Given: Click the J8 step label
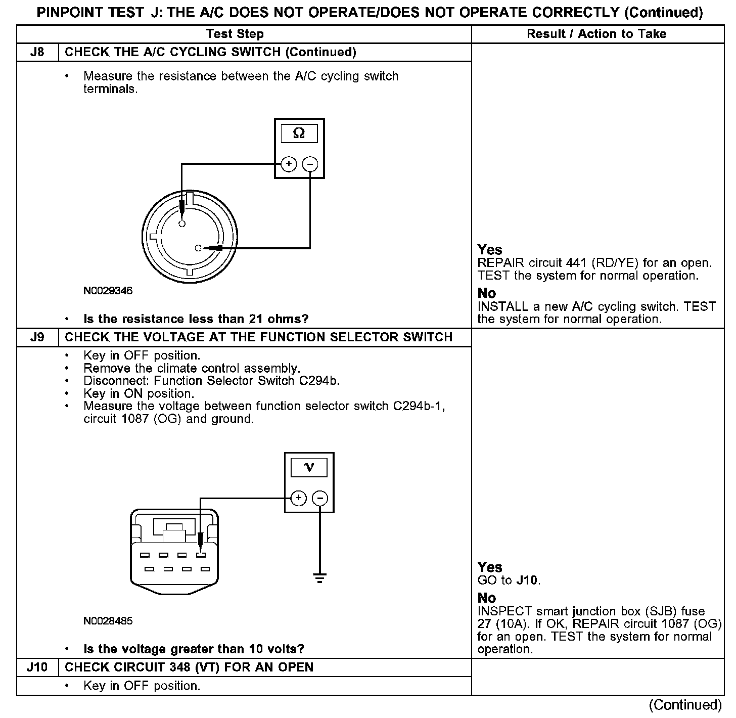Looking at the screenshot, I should click(x=37, y=52).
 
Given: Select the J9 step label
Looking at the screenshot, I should click(x=37, y=337).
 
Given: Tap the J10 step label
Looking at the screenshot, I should click(x=37, y=667).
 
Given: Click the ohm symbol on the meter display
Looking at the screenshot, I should click(x=299, y=133).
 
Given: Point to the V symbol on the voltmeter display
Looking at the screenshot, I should click(x=309, y=468).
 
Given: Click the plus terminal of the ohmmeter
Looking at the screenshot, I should click(x=289, y=164).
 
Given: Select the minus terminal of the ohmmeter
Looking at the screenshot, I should click(x=310, y=164).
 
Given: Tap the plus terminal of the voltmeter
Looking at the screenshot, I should click(x=299, y=498).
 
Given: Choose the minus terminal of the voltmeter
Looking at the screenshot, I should click(x=320, y=498).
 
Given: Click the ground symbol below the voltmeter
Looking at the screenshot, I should click(x=320, y=578).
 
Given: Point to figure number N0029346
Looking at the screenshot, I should click(x=108, y=291).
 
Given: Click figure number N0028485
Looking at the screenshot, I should click(x=108, y=621).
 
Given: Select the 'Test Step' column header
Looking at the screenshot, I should click(x=235, y=34).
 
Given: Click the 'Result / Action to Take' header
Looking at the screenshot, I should click(x=596, y=34).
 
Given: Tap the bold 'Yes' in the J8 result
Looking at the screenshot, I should click(x=490, y=250).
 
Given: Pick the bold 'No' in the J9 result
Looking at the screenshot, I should click(x=487, y=598).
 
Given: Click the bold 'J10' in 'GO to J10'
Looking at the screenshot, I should click(x=528, y=580).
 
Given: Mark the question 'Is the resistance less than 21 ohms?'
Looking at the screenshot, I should click(x=196, y=319).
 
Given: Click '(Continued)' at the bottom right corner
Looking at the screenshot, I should click(x=685, y=705).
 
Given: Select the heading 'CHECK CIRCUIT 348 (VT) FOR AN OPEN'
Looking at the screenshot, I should click(x=189, y=667).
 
